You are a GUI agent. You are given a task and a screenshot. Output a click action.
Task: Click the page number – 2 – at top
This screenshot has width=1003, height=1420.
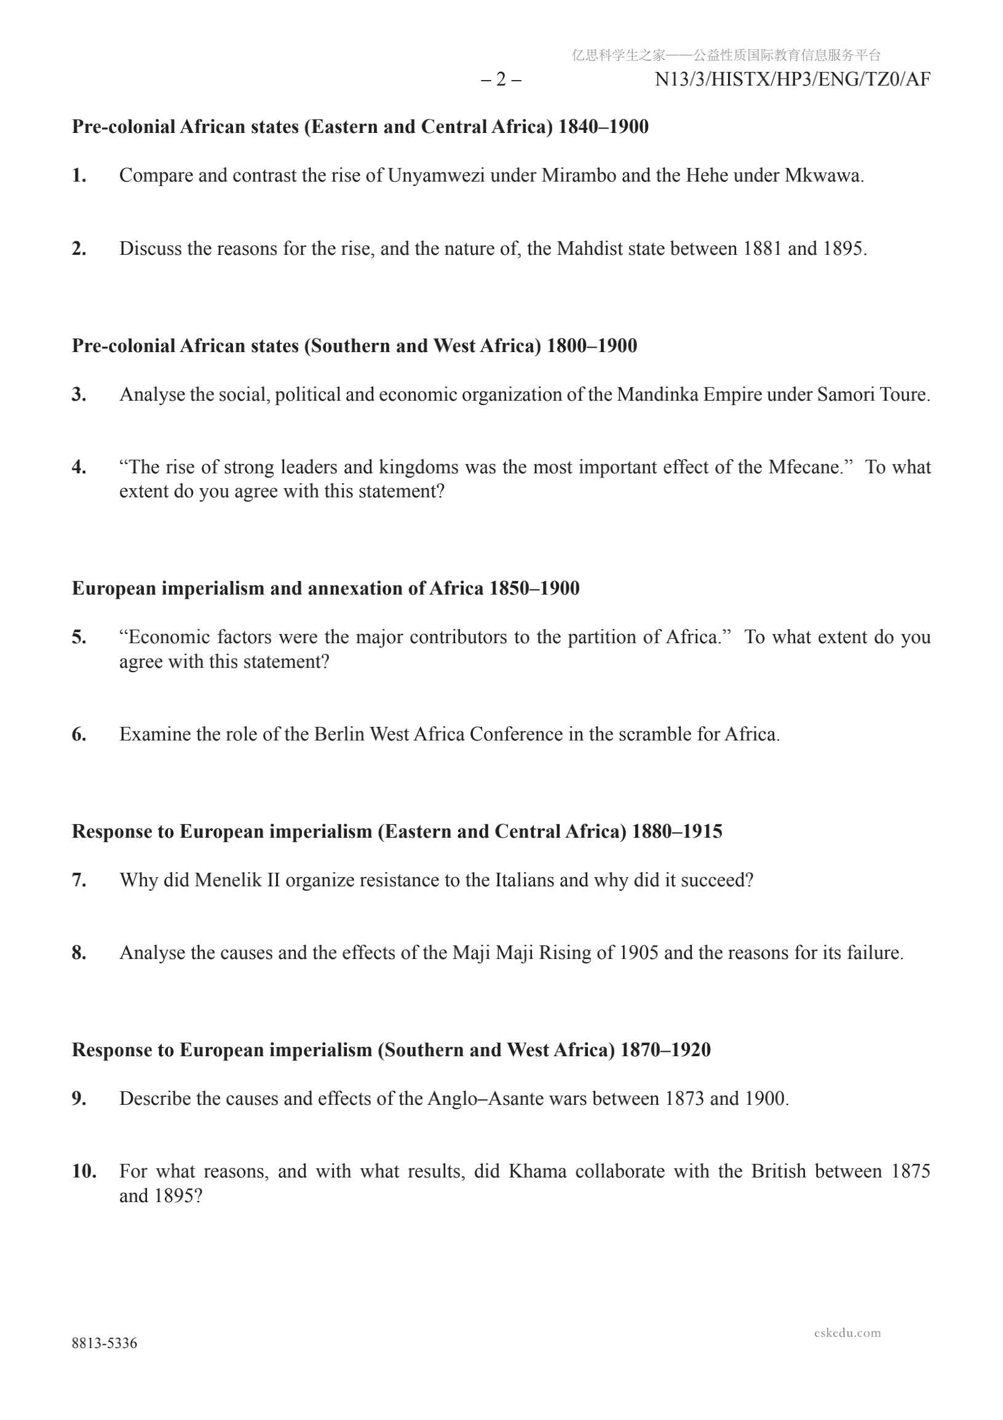(x=501, y=80)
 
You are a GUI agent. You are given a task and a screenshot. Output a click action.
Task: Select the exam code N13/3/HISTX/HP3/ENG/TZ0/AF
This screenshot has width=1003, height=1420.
(x=792, y=80)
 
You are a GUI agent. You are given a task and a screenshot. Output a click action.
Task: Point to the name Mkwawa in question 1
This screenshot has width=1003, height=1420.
(x=823, y=175)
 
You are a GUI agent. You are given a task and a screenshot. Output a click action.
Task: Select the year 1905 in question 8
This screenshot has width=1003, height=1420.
(x=639, y=952)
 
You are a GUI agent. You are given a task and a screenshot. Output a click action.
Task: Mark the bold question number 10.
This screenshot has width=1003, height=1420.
(x=84, y=1171)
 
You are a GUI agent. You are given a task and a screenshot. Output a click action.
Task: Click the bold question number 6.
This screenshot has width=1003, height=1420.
(x=79, y=734)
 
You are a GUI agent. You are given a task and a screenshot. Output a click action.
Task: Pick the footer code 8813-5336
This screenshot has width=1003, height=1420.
(x=105, y=1343)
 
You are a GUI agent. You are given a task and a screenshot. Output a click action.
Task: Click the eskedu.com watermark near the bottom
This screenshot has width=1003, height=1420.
(x=847, y=1333)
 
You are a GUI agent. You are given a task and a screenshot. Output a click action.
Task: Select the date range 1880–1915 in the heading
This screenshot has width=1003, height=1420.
(x=676, y=831)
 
